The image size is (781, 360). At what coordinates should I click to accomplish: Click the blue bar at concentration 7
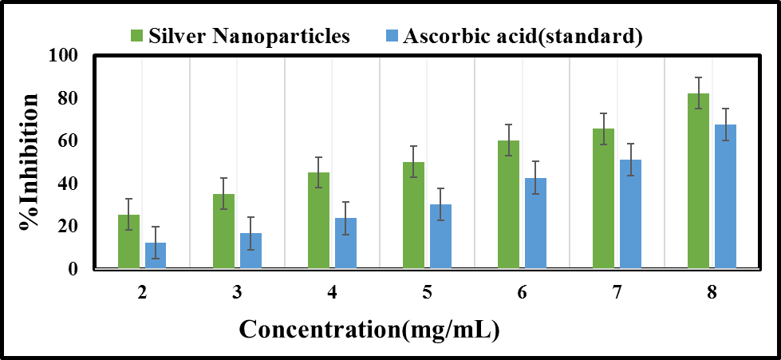tap(630, 214)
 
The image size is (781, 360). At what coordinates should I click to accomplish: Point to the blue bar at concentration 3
tap(250, 251)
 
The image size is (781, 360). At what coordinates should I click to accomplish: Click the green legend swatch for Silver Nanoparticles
tap(136, 36)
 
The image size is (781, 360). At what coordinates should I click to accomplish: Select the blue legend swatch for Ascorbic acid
tap(392, 36)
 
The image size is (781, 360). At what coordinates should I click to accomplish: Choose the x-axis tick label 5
tap(427, 293)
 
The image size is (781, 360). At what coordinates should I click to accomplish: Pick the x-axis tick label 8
tap(712, 293)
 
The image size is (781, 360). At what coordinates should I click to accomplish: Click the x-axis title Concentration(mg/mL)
tap(369, 329)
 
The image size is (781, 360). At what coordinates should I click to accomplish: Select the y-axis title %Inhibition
tap(30, 162)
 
